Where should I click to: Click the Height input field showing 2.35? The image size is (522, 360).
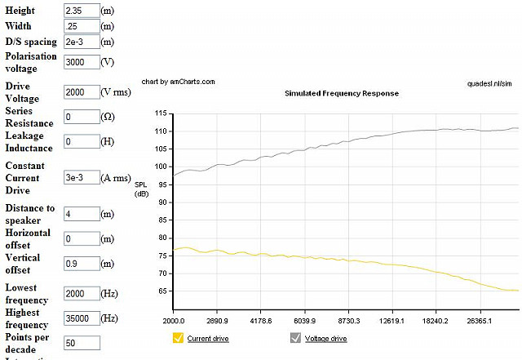[x=82, y=10]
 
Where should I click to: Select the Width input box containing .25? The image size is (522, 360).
[x=82, y=26]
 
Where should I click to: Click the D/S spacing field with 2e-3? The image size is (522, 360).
[x=82, y=42]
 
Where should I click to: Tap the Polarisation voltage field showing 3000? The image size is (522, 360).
[x=82, y=62]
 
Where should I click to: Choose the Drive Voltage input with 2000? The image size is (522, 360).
[x=82, y=92]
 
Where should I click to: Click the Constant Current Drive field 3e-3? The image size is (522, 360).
[x=82, y=177]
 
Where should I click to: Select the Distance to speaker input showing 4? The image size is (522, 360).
[x=82, y=214]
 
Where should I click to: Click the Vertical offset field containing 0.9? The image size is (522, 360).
[x=82, y=264]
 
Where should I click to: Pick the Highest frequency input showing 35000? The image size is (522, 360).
[x=82, y=318]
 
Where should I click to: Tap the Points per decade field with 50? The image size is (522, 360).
[x=82, y=343]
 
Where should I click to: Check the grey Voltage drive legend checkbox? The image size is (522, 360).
[x=296, y=338]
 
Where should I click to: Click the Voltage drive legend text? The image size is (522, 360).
[x=326, y=338]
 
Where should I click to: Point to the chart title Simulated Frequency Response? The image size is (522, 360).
[x=342, y=93]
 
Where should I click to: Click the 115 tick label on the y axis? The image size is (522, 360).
[x=159, y=113]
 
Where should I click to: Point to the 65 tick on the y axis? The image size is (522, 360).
[x=161, y=291]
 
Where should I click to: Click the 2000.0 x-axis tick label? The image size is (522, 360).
[x=174, y=322]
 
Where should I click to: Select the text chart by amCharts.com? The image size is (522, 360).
[x=178, y=82]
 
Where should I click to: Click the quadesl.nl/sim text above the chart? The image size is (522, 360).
[x=489, y=82]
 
